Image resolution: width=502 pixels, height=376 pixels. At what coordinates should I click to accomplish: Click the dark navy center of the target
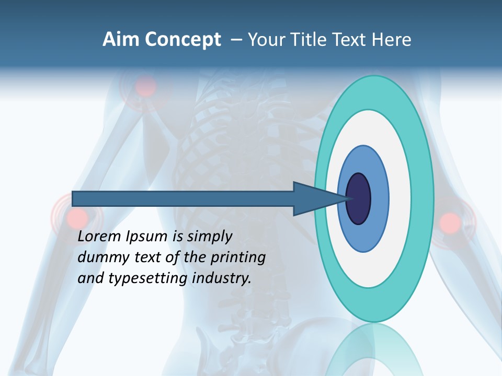(x=359, y=199)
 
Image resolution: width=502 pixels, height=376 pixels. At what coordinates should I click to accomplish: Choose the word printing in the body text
(x=237, y=258)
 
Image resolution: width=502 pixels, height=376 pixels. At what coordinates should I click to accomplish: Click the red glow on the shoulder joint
(x=146, y=86)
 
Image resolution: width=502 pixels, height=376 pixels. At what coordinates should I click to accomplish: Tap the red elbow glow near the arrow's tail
(x=77, y=216)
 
